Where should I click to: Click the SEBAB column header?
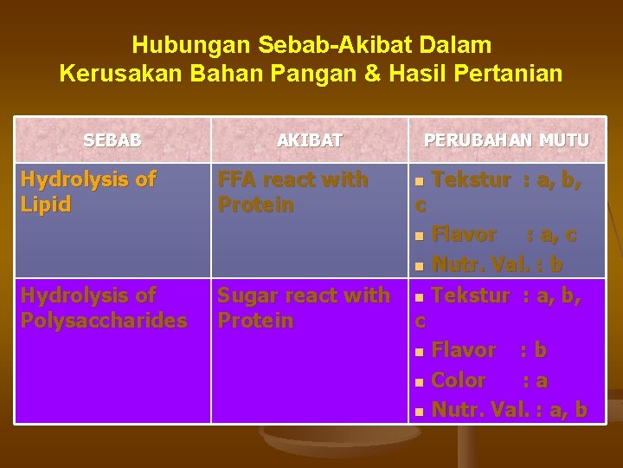click(x=112, y=140)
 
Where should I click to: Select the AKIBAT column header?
click(x=310, y=140)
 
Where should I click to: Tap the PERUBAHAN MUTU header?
click(x=506, y=140)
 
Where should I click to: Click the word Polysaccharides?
click(x=104, y=321)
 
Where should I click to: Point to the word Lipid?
click(x=45, y=205)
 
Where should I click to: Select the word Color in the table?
click(x=459, y=380)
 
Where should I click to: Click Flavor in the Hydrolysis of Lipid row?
click(x=463, y=235)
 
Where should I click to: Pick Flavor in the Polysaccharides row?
click(x=463, y=351)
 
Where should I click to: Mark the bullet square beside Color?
click(x=420, y=381)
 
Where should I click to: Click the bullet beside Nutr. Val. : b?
click(x=420, y=265)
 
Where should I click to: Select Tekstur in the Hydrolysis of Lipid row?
click(x=470, y=180)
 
